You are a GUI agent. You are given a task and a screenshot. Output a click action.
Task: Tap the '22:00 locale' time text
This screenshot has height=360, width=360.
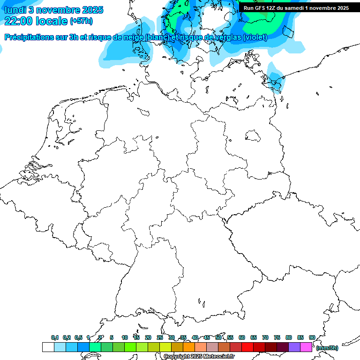point(36,21)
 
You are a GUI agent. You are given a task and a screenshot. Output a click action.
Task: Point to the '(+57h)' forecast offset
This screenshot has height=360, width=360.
point(81,22)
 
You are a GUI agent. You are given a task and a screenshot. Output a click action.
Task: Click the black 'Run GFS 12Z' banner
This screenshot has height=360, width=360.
point(296,8)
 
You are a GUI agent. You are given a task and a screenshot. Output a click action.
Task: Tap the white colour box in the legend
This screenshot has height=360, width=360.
point(48,347)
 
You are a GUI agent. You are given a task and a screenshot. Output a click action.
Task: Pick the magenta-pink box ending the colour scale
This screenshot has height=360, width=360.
point(306,347)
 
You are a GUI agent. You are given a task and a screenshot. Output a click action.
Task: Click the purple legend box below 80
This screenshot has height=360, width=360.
point(294,347)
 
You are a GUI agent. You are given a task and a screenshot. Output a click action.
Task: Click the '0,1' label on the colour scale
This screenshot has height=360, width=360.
point(54,337)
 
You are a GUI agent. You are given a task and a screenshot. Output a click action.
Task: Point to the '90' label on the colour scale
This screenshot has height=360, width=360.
point(312,337)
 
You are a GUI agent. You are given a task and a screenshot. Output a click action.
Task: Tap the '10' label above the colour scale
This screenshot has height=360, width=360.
point(125,337)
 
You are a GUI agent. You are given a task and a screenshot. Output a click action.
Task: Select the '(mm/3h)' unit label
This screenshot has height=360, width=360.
point(327,348)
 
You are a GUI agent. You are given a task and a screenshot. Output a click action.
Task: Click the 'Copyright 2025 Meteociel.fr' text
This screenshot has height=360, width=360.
point(199,357)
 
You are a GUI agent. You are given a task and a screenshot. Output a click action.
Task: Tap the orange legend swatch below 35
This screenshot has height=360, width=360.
point(188,347)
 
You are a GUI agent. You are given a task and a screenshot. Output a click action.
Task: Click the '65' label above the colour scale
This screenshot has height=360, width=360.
point(254,337)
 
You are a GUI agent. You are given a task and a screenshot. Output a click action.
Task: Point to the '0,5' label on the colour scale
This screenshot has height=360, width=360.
point(78,337)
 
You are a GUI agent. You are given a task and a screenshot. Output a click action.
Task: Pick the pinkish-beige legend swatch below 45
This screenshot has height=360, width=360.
point(212,347)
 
